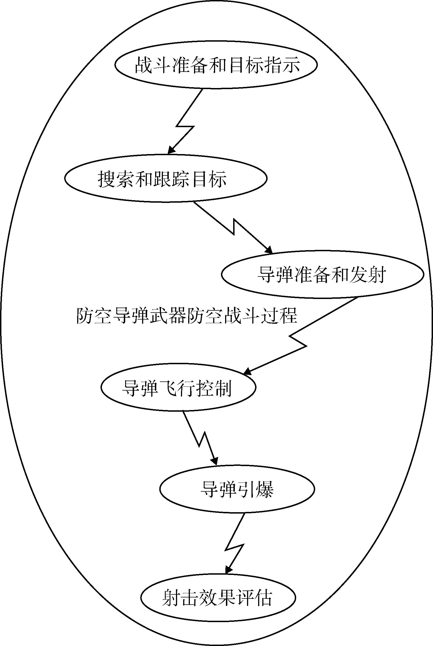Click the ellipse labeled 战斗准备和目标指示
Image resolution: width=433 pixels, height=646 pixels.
(216, 65)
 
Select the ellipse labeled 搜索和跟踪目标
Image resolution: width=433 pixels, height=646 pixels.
(166, 178)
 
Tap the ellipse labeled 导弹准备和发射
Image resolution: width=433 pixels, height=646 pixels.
(322, 274)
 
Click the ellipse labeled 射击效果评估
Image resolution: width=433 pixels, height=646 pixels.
(218, 597)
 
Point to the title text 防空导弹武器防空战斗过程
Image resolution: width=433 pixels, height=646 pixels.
(187, 316)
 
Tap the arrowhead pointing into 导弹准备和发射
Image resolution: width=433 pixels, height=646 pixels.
(270, 251)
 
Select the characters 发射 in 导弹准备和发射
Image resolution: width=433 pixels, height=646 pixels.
(368, 275)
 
